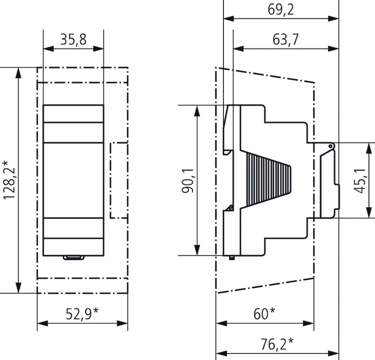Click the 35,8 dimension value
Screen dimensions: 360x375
[73, 40]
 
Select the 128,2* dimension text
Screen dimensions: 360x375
[9, 180]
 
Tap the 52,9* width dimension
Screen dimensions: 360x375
[82, 314]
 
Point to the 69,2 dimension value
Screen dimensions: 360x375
[281, 10]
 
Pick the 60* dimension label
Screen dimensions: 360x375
[265, 313]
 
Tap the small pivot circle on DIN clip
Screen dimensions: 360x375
[331, 146]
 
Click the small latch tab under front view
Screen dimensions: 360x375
[73, 258]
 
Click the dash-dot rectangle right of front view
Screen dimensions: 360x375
[119, 180]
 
